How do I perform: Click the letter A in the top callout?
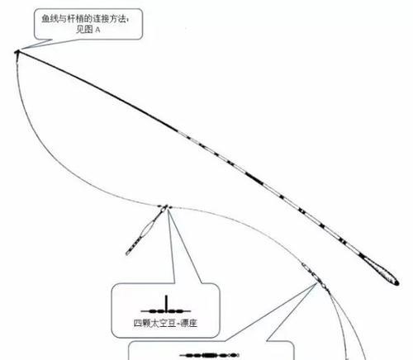coord(97,31)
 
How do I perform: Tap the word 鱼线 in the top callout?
coord(50,19)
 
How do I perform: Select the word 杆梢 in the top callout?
coord(76,19)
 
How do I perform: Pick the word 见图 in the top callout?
coord(84,30)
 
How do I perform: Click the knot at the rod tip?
coord(17,52)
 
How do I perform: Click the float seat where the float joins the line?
coord(164,207)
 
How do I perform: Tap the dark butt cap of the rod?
coord(396,282)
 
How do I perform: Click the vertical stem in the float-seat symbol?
coord(166,303)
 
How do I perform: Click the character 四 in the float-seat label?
coord(138,323)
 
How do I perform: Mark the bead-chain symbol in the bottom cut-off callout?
coord(209,355)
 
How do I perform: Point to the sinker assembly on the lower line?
coord(316,277)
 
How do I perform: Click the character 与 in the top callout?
coord(63,19)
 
